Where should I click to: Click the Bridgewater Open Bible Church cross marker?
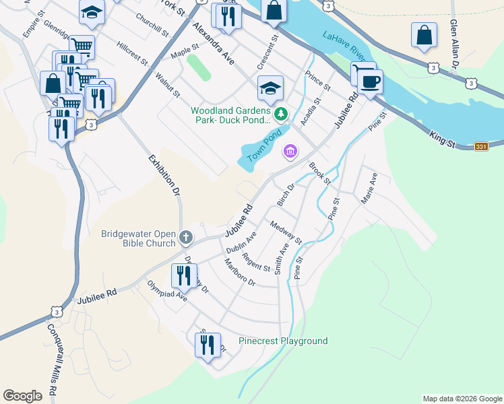(x=186, y=238)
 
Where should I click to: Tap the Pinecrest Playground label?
(x=283, y=341)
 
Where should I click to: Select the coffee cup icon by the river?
(x=369, y=83)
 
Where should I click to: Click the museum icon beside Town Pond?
(x=290, y=151)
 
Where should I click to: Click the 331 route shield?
(x=481, y=147)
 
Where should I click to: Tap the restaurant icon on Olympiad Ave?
(x=183, y=275)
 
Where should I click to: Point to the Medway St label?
(x=286, y=233)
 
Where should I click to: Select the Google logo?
(x=23, y=396)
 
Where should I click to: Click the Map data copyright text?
(x=462, y=399)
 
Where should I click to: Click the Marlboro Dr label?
(x=239, y=273)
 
